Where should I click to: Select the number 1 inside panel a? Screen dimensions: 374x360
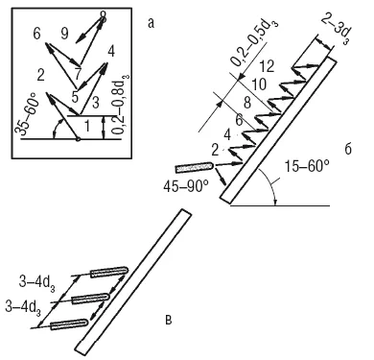(86, 127)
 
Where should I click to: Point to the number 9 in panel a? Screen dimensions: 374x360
(64, 33)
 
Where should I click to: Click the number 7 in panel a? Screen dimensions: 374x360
(78, 74)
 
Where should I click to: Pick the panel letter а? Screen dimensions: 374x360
(151, 23)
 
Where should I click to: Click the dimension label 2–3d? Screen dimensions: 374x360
(334, 30)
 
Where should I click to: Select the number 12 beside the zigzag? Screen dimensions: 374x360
(266, 66)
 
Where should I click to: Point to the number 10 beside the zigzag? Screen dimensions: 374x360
(259, 84)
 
